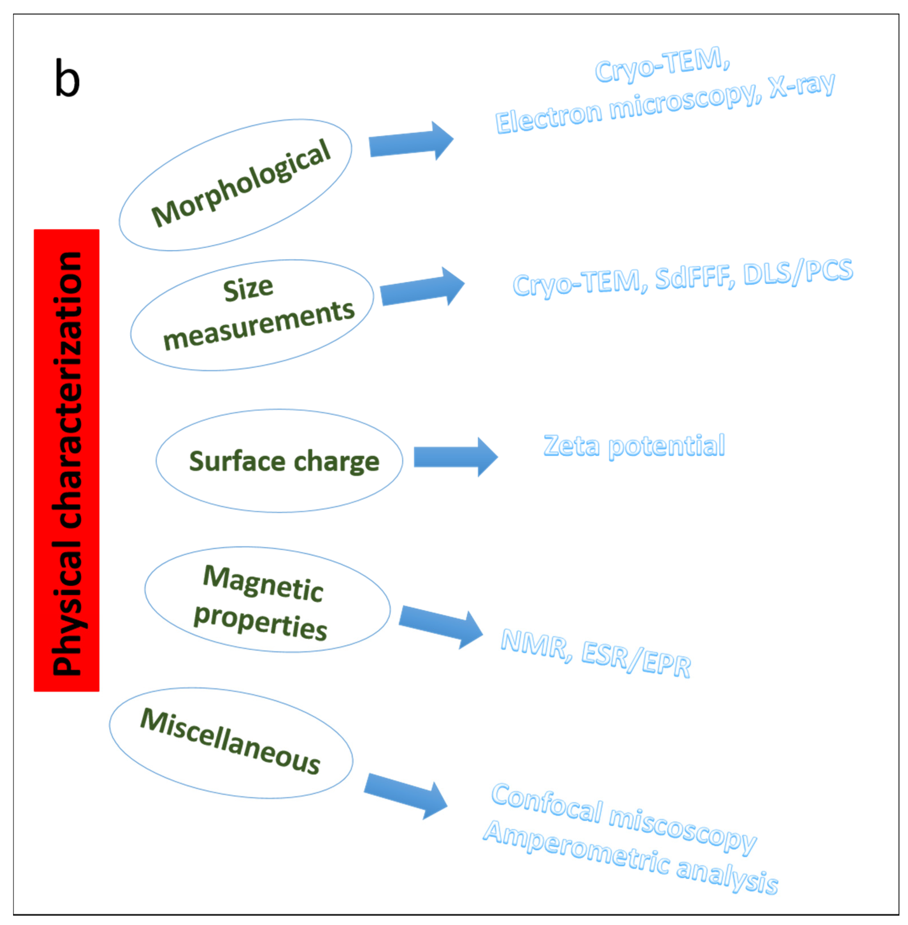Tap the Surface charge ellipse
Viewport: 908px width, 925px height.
pos(279,461)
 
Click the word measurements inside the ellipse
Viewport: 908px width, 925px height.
pos(259,326)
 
